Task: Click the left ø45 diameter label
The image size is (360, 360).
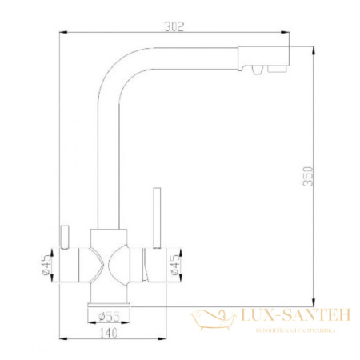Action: pos(46,266)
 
